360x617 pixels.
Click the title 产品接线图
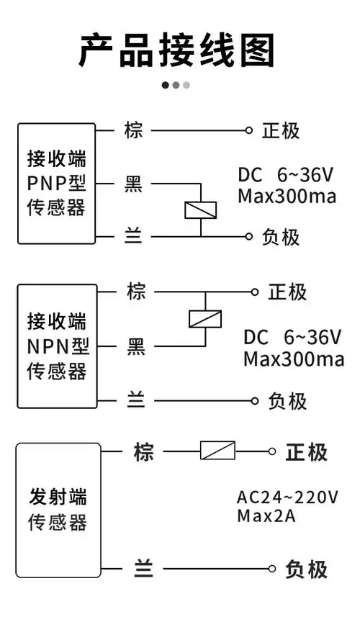[x=176, y=50]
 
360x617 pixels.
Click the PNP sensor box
[x=57, y=183]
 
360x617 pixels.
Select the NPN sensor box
[x=57, y=346]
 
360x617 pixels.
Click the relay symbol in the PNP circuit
[x=200, y=210]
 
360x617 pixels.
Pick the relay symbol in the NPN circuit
[x=204, y=318]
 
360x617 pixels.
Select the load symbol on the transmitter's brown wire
[x=217, y=451]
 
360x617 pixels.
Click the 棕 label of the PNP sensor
[x=134, y=130]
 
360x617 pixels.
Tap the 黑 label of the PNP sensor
[x=134, y=184]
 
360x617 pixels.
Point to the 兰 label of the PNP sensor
[x=134, y=236]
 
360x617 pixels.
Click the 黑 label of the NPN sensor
[x=136, y=347]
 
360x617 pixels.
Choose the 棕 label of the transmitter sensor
[x=143, y=452]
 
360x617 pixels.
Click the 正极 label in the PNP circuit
[x=281, y=130]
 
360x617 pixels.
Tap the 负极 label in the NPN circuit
[x=287, y=401]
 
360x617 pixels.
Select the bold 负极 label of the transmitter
[x=307, y=569]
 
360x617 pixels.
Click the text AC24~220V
[x=287, y=497]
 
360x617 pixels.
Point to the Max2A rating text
[x=266, y=515]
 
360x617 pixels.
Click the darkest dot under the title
[x=166, y=85]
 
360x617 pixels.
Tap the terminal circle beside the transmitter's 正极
[x=271, y=451]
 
